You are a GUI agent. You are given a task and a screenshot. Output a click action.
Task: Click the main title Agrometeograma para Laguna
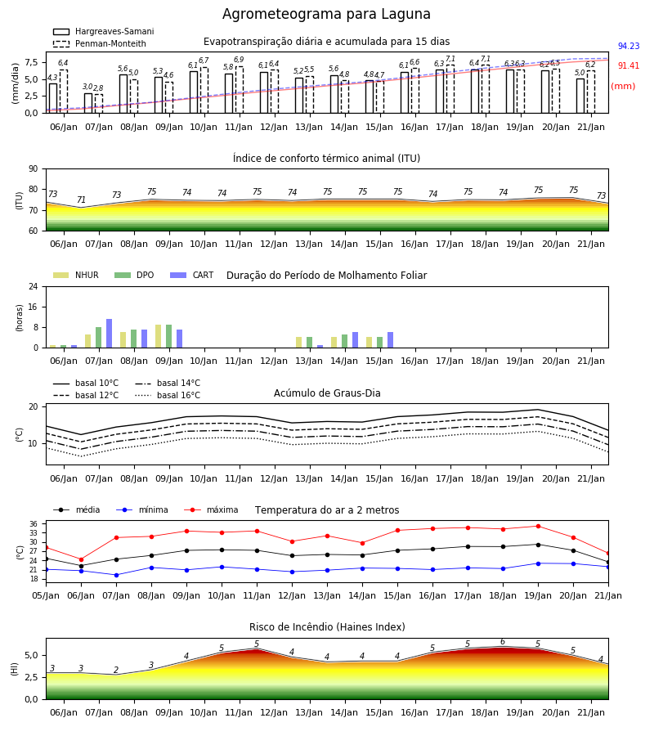click(x=326, y=14)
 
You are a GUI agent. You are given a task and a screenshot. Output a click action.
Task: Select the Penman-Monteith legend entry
click(x=100, y=43)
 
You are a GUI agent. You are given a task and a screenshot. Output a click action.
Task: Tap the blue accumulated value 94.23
click(x=629, y=46)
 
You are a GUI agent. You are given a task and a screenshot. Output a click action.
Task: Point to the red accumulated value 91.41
click(x=629, y=65)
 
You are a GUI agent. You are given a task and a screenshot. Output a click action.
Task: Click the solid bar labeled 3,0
click(x=88, y=103)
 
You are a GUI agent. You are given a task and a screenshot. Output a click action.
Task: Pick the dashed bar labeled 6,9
click(x=240, y=90)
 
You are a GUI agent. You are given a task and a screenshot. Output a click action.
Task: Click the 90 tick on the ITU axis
click(x=34, y=169)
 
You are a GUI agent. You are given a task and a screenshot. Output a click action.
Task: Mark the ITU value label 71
click(x=81, y=200)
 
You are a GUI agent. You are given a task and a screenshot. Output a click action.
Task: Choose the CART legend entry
click(x=192, y=275)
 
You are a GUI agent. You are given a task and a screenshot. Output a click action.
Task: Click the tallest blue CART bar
click(x=110, y=334)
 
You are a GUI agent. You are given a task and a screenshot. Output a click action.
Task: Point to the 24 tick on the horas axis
click(x=34, y=287)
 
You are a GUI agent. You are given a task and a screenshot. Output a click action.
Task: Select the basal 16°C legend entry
click(x=168, y=395)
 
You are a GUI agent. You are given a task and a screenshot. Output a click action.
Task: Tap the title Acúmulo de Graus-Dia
click(x=327, y=393)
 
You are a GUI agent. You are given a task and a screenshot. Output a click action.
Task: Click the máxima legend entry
click(x=211, y=509)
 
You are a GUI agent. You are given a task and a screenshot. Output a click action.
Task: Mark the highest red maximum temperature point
click(x=538, y=526)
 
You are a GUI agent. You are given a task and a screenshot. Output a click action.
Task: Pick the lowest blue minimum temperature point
click(x=116, y=575)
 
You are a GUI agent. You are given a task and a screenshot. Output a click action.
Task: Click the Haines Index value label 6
click(x=503, y=642)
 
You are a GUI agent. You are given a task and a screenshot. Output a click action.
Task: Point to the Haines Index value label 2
click(x=116, y=670)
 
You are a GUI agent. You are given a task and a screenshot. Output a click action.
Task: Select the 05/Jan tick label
click(x=46, y=595)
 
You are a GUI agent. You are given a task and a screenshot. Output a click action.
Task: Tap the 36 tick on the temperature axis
click(x=34, y=524)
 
